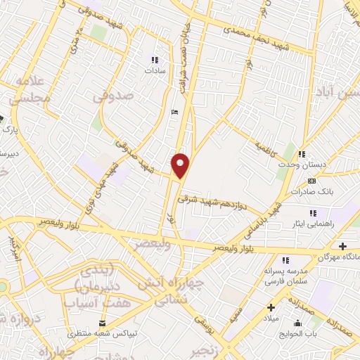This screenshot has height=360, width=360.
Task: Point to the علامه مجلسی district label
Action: (x=28, y=90)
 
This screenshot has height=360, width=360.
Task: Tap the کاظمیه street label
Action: (x=266, y=149)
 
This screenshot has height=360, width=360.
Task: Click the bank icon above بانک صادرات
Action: (x=312, y=181)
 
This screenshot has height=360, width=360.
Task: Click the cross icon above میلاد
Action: (x=271, y=307)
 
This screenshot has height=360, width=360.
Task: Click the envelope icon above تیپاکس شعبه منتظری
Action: (x=103, y=322)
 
